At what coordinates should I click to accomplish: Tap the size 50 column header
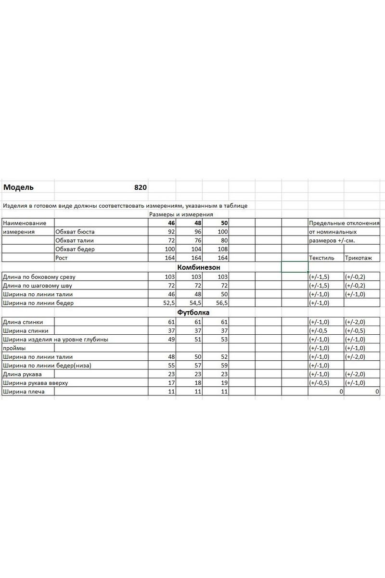(224, 223)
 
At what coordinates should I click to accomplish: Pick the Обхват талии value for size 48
(198, 240)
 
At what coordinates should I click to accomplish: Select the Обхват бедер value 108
(222, 250)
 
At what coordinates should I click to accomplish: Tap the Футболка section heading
(193, 312)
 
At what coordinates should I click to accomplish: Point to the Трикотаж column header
(359, 258)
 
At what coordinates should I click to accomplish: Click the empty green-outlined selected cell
(294, 267)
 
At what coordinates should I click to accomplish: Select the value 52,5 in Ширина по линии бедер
(168, 303)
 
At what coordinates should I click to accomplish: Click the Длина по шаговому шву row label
(37, 286)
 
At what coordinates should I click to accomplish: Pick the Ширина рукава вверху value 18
(198, 383)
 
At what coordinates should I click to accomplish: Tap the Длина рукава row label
(22, 374)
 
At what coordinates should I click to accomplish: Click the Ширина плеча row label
(24, 392)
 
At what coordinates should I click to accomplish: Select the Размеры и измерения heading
(181, 214)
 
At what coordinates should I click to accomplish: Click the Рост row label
(61, 258)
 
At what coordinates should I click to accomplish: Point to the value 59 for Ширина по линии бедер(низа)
(224, 366)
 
